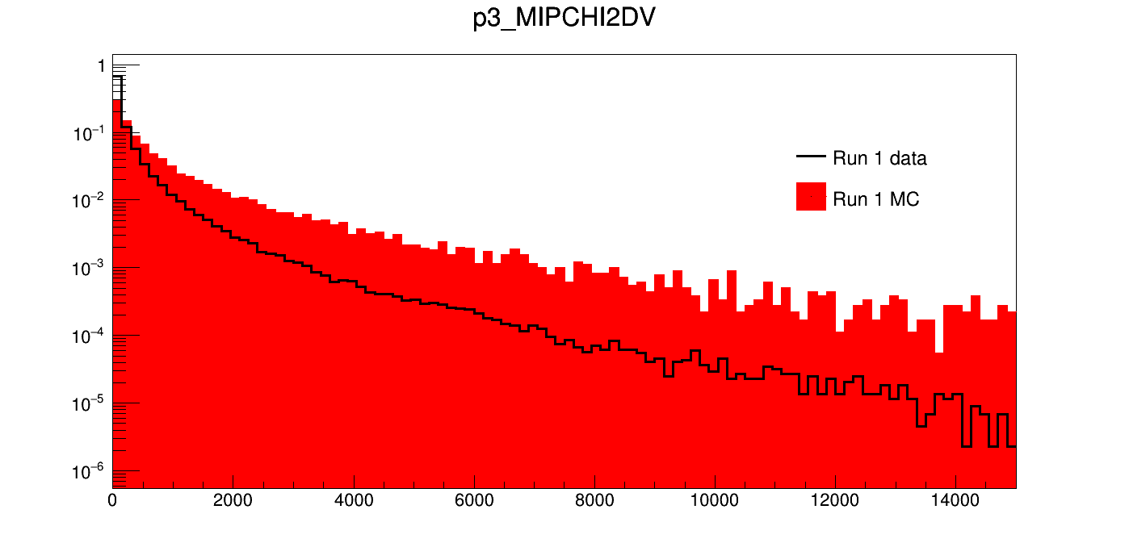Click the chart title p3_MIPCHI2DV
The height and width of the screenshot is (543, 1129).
[564, 19]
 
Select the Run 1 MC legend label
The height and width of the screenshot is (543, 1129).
[875, 199]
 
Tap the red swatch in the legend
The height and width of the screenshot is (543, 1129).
[811, 197]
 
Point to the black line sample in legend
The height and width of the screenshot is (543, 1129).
[811, 157]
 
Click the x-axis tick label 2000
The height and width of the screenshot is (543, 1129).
[233, 501]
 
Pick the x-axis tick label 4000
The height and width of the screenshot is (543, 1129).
[354, 501]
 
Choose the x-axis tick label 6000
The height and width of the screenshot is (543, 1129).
[474, 501]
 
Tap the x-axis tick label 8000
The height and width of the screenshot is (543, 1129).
[594, 501]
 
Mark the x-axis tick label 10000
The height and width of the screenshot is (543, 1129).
[715, 501]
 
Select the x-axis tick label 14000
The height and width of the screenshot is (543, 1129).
[955, 501]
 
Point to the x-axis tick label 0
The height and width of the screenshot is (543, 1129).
[112, 501]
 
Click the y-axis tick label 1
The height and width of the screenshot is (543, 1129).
[101, 67]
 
